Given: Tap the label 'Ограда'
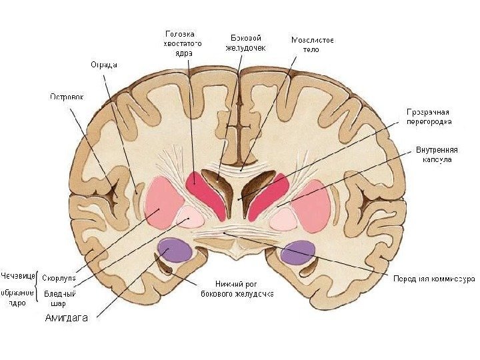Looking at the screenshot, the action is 104,65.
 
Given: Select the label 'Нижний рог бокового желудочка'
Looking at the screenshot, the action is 237,289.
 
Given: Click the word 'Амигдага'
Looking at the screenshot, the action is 66,318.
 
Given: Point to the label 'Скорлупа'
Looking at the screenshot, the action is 59,277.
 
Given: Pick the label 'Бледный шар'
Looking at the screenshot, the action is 59,298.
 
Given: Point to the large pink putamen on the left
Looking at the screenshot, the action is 163,200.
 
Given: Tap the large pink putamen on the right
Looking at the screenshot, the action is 313,203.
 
